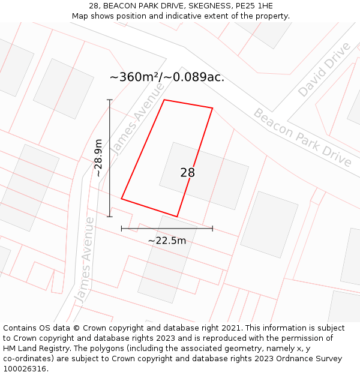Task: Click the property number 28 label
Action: click(x=187, y=173)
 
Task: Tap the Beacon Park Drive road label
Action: click(x=302, y=138)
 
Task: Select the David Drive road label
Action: click(x=324, y=70)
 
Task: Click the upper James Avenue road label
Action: click(x=139, y=118)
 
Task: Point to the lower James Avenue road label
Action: click(x=85, y=260)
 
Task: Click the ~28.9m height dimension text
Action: click(x=98, y=158)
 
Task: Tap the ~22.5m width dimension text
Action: click(x=167, y=241)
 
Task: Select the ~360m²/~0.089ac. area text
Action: click(x=167, y=77)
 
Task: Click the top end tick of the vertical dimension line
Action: click(x=109, y=100)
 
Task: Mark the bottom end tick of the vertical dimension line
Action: click(x=109, y=217)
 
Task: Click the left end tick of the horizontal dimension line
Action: click(x=122, y=228)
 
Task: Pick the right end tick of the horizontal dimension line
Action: click(x=212, y=228)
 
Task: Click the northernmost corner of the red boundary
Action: click(x=164, y=100)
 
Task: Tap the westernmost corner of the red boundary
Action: click(x=122, y=199)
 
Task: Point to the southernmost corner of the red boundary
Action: click(x=177, y=217)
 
